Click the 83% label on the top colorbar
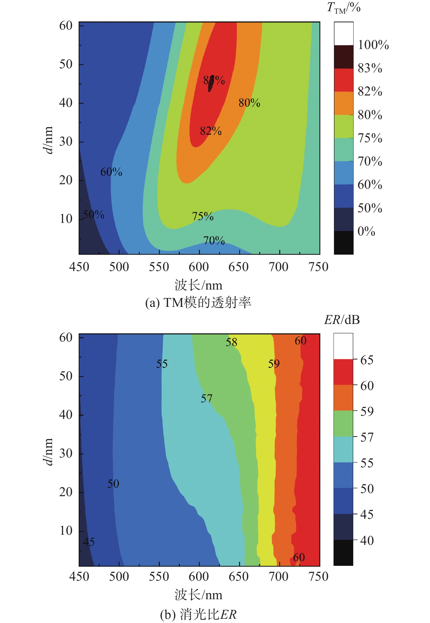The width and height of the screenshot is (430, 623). [x=370, y=68]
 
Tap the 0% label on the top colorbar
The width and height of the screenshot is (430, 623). [x=366, y=231]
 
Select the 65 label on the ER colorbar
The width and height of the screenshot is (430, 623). [x=367, y=360]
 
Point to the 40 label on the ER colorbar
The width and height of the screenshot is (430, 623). [x=367, y=540]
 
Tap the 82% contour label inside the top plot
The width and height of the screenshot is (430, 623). [x=211, y=131]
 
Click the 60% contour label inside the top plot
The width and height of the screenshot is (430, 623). [x=111, y=172]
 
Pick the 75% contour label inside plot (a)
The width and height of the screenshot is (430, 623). [x=203, y=216]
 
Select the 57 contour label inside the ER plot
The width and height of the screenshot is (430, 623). [x=206, y=398]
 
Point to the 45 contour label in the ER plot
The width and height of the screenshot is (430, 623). [x=89, y=542]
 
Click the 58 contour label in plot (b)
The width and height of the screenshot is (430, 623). [x=231, y=342]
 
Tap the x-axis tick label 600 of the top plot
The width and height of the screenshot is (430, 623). [x=199, y=267]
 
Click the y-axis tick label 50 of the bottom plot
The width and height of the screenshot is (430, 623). [x=66, y=376]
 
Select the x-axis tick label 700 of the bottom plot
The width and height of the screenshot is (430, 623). [x=278, y=577]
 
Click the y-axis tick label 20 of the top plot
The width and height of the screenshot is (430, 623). [x=66, y=180]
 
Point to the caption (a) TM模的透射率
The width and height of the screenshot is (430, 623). [x=198, y=303]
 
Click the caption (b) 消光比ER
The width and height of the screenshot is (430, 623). [x=198, y=614]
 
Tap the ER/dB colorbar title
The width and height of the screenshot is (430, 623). [x=342, y=320]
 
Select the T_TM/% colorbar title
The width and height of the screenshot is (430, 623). [x=344, y=8]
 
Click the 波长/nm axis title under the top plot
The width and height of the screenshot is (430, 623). [x=198, y=285]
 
